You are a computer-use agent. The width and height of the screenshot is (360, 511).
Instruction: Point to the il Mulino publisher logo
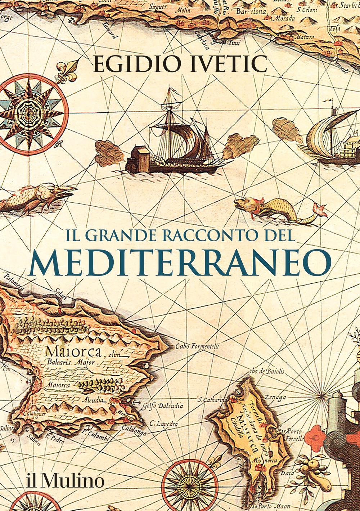pyautogui.click(x=66, y=481)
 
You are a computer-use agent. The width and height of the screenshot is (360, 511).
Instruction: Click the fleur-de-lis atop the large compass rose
pyautogui.click(x=67, y=71)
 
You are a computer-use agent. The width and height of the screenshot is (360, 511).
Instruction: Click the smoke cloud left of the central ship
pyautogui.click(x=109, y=152)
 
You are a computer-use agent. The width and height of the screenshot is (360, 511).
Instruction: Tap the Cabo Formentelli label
pyautogui.click(x=197, y=346)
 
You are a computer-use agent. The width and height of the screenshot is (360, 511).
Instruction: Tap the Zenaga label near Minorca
pyautogui.click(x=275, y=397)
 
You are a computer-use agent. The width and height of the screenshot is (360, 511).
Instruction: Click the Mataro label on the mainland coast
pyautogui.click(x=304, y=37)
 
